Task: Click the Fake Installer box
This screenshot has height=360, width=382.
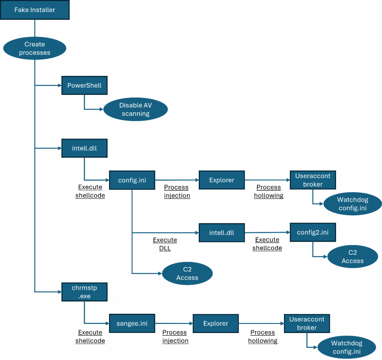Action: pyautogui.click(x=35, y=10)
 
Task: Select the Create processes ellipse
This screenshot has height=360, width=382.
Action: pyautogui.click(x=34, y=48)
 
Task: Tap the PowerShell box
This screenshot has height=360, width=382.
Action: pyautogui.click(x=84, y=85)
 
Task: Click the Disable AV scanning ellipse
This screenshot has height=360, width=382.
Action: pyautogui.click(x=136, y=109)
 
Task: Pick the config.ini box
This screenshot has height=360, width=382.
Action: pyautogui.click(x=132, y=180)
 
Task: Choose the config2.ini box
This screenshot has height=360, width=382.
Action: pyautogui.click(x=312, y=232)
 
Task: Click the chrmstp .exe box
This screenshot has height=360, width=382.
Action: pyautogui.click(x=84, y=292)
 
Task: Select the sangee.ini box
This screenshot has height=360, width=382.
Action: pyautogui.click(x=132, y=323)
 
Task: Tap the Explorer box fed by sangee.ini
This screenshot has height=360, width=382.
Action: pyautogui.click(x=216, y=323)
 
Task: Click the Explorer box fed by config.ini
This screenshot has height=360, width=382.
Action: pyautogui.click(x=222, y=180)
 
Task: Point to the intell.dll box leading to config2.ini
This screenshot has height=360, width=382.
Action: pyautogui.click(x=222, y=233)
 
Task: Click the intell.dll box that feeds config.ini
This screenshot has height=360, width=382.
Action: pyautogui.click(x=84, y=148)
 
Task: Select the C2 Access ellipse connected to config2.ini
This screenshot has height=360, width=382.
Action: pyautogui.click(x=353, y=256)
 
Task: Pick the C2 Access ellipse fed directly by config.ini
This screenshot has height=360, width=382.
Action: pyautogui.click(x=187, y=273)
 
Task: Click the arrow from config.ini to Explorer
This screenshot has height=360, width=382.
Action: pyautogui.click(x=177, y=180)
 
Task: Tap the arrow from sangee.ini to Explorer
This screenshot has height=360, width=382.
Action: pyautogui.click(x=174, y=323)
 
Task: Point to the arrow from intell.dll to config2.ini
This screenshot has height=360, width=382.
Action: pyautogui.click(x=267, y=232)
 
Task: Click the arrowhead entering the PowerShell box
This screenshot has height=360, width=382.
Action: pyautogui.click(x=60, y=85)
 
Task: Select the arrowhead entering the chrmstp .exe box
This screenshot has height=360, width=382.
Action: pyautogui.click(x=60, y=292)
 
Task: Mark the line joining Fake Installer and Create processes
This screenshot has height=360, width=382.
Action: pyautogui.click(x=35, y=28)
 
